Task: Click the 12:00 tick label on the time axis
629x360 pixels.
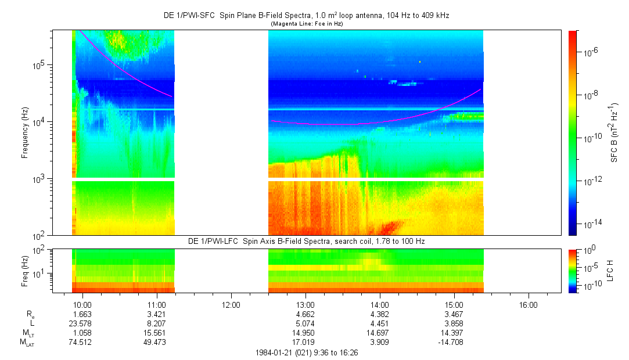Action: coord(231,305)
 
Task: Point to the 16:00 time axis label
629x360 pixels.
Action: coord(528,305)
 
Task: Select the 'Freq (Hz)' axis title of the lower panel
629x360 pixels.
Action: coord(25,271)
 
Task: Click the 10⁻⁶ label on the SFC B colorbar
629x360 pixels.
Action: coord(591,52)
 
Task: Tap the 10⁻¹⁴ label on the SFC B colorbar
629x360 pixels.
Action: coord(592,224)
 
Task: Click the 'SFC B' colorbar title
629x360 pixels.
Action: coord(614,132)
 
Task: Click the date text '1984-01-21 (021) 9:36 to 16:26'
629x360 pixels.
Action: coord(306,352)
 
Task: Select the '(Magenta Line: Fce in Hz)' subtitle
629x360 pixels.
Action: coord(306,23)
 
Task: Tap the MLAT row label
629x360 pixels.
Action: coord(27,343)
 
